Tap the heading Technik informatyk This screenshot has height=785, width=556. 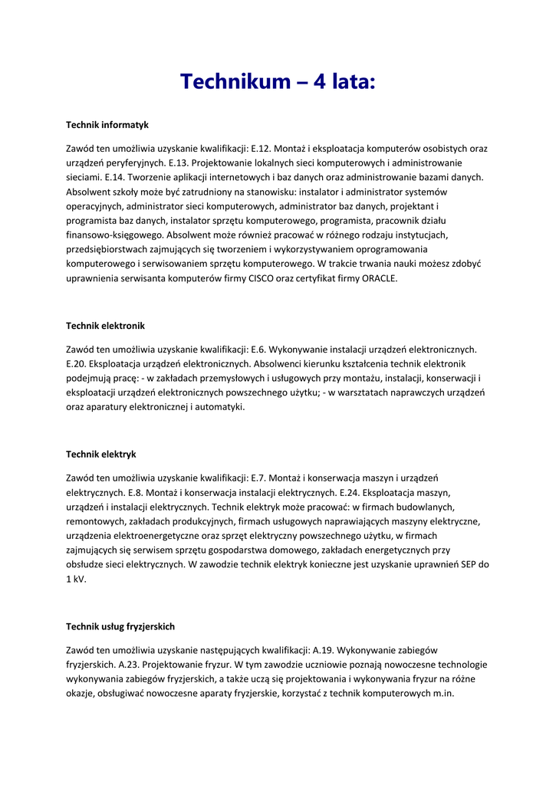107,124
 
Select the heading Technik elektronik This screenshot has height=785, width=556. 105,326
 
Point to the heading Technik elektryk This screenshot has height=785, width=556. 101,455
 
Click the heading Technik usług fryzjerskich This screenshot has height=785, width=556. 120,626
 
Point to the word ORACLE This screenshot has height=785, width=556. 380,278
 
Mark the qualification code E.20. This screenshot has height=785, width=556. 77,364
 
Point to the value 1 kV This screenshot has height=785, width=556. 76,579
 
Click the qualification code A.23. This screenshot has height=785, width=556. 125,665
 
